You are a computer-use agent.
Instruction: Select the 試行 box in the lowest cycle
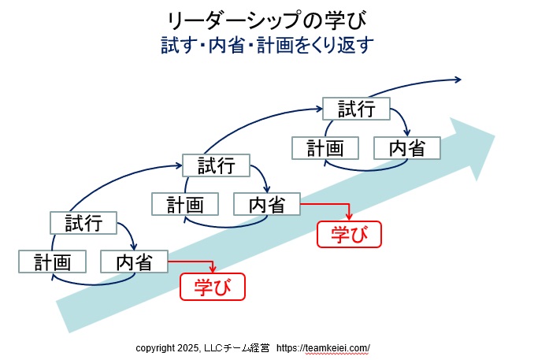83,223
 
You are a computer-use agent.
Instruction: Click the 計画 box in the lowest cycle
52,261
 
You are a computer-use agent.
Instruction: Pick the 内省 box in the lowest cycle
134,261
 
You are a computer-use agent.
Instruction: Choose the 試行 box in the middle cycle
216,165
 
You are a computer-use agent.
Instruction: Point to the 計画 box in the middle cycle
184,204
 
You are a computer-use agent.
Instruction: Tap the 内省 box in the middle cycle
267,204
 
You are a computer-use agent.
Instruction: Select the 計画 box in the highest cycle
325,147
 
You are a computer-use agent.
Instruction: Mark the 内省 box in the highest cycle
406,147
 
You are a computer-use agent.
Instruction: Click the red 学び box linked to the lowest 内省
213,286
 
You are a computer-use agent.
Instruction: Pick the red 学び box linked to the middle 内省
348,233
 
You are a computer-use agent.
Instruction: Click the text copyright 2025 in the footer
168,347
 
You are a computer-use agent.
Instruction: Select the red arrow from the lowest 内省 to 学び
193,262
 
